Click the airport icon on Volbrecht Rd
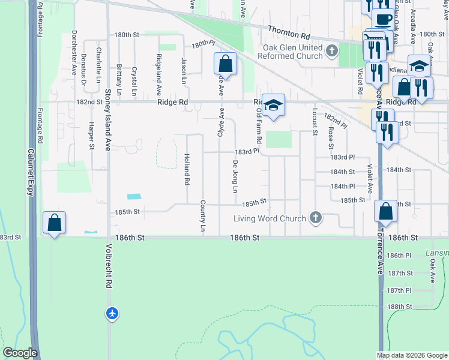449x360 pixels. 112,313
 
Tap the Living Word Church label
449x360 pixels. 270,219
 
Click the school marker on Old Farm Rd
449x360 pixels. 273,106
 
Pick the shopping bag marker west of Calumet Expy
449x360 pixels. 55,223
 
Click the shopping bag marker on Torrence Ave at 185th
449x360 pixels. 386,211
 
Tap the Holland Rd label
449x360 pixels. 187,169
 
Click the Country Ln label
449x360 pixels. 203,216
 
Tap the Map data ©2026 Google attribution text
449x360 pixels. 412,355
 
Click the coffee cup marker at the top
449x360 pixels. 384,17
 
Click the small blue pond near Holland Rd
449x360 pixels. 134,196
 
